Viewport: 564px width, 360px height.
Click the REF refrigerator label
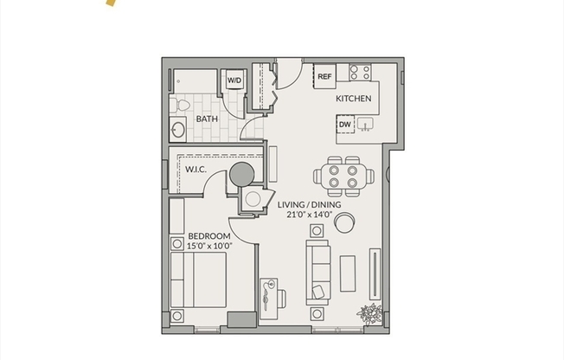pyautogui.click(x=324, y=77)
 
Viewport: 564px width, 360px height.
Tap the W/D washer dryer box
pyautogui.click(x=234, y=81)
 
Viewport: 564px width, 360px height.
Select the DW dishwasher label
pyautogui.click(x=345, y=125)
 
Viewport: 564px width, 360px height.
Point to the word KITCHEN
pyautogui.click(x=354, y=99)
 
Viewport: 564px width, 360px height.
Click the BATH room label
pyautogui.click(x=206, y=119)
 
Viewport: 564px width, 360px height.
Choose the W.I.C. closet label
pyautogui.click(x=195, y=170)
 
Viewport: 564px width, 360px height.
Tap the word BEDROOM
pyautogui.click(x=208, y=236)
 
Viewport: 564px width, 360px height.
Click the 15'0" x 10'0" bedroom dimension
pyautogui.click(x=208, y=246)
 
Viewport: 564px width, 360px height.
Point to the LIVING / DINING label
pyautogui.click(x=309, y=204)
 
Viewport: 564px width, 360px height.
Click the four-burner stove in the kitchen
pyautogui.click(x=361, y=72)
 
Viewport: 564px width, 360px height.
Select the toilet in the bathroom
pyautogui.click(x=181, y=106)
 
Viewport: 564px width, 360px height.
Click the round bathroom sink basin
pyautogui.click(x=178, y=132)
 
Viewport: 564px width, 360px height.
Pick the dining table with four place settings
pyautogui.click(x=343, y=176)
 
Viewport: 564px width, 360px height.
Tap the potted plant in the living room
pyautogui.click(x=370, y=312)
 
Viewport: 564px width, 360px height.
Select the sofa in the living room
pyautogui.click(x=317, y=270)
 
